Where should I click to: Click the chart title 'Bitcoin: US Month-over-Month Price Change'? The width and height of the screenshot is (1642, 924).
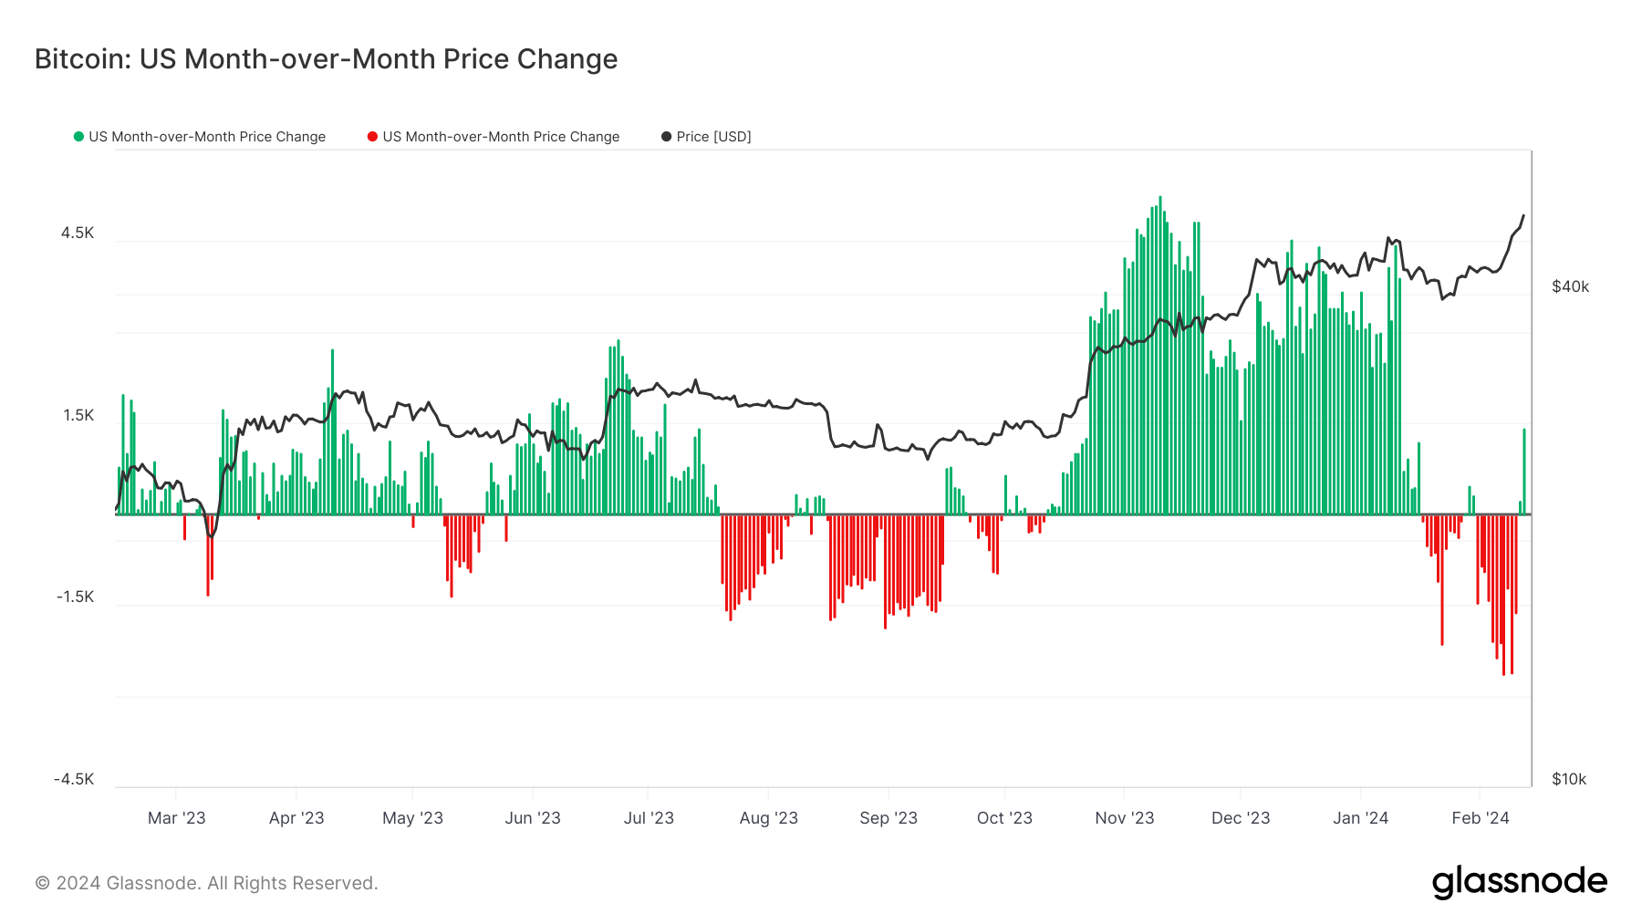point(326,59)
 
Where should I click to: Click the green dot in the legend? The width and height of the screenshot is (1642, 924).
point(78,137)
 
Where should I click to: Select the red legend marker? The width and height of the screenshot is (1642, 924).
point(372,137)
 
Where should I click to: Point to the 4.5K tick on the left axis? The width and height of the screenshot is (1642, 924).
point(78,233)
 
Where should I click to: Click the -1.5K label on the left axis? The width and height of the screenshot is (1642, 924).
point(75,597)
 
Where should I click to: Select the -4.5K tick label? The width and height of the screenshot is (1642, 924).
point(74,779)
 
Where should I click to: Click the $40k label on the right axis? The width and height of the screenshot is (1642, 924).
point(1570,286)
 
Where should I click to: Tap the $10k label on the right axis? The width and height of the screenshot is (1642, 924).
point(1569,779)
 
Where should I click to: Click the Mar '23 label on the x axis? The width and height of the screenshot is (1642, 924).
point(176,818)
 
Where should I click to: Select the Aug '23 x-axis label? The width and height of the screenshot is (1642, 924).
point(768,818)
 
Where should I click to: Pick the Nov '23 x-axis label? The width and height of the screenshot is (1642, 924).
point(1124,818)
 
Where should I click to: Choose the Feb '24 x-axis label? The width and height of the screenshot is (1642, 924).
point(1480,818)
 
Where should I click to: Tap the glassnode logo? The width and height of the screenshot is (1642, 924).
point(1519,882)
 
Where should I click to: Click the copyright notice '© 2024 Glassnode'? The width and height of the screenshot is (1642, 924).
point(206,883)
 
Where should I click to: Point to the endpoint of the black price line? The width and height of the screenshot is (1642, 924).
point(1523,216)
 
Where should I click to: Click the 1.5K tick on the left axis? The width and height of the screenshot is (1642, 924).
point(78,415)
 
